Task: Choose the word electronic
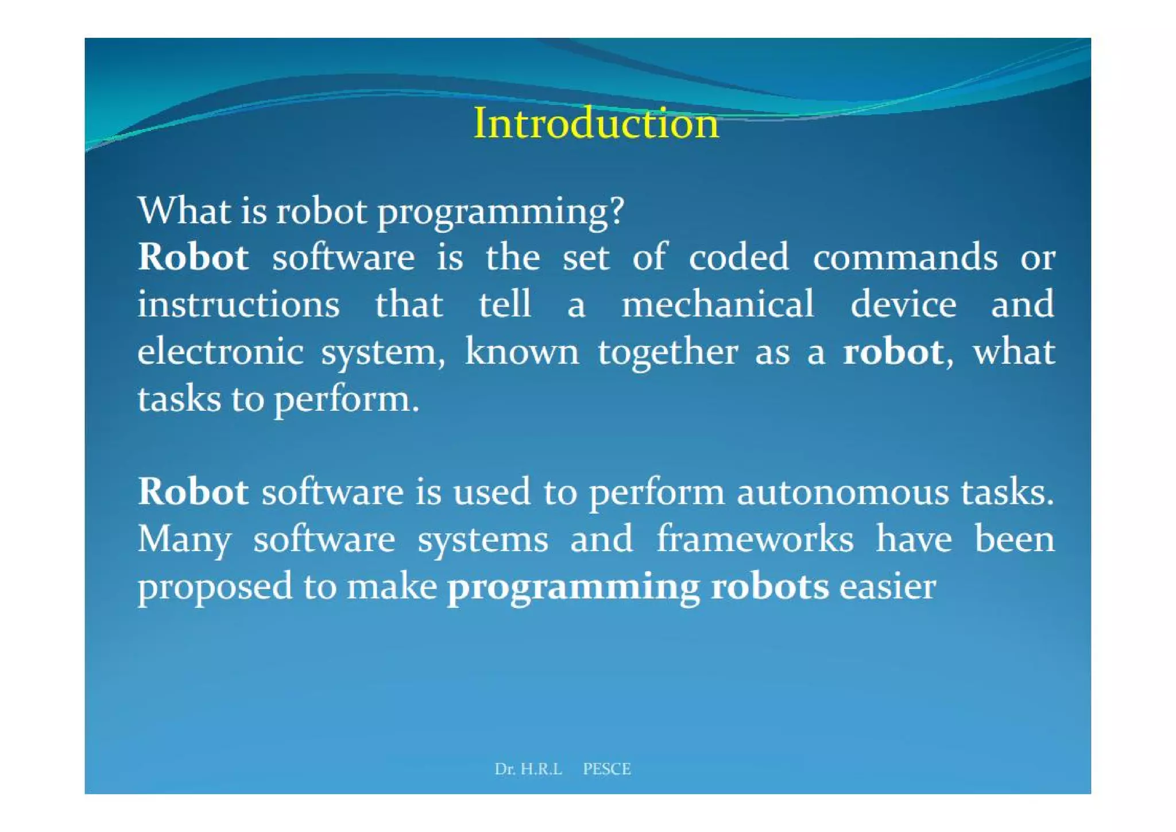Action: [x=220, y=352]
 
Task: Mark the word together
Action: [x=667, y=353]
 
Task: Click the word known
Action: [x=522, y=352]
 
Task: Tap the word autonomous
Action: [x=842, y=492]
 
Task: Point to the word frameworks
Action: [x=755, y=539]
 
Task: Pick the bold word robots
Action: [x=769, y=587]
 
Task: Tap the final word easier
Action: [x=888, y=587]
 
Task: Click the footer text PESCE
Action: [x=606, y=769]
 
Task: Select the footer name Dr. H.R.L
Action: [x=528, y=769]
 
